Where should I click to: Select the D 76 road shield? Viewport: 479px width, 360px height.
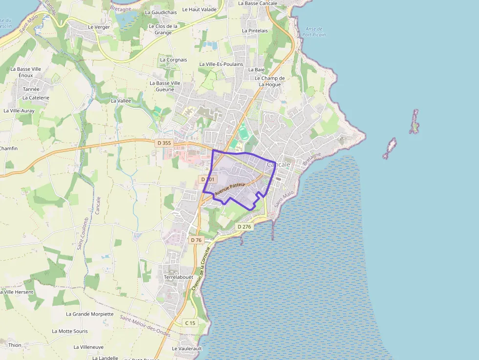point(196,240)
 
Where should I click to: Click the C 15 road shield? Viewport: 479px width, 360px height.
point(190,323)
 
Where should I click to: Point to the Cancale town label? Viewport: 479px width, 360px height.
point(279,165)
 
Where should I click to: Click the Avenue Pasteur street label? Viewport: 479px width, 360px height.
point(229,190)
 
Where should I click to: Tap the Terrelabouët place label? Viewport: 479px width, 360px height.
point(178,277)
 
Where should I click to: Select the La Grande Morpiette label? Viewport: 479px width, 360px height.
point(89,314)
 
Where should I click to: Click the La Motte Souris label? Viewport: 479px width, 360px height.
point(70,331)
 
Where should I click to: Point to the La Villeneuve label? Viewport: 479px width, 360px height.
point(88,347)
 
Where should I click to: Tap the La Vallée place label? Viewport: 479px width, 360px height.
point(121,101)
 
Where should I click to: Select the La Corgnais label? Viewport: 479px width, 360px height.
point(173,60)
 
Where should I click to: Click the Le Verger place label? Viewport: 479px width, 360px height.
point(99,27)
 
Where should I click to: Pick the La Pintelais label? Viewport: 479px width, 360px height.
point(255,30)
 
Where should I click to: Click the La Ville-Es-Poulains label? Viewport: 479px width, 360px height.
point(221,64)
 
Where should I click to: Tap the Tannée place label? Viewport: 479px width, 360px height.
point(31,89)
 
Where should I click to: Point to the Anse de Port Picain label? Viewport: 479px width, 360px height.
point(314,32)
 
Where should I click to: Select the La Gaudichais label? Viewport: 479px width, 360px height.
point(161,12)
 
